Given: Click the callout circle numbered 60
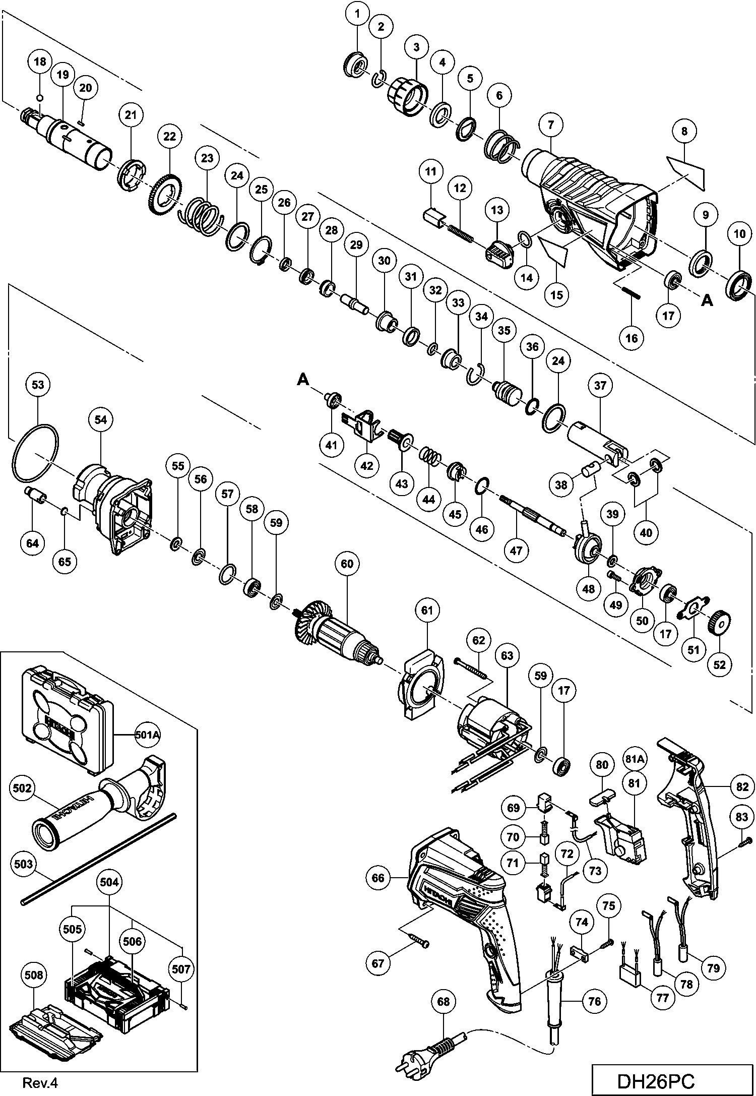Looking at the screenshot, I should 347,563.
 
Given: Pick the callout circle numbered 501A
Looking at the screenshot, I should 148,735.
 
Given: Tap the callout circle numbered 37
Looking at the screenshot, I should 600,386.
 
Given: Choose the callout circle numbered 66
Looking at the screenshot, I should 378,878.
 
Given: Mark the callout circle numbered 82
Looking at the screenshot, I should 742,786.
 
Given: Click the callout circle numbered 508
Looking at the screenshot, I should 34,975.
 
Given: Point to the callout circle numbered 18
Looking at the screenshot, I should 40,62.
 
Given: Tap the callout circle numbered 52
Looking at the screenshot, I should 719,664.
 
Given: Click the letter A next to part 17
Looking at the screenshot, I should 708,300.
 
